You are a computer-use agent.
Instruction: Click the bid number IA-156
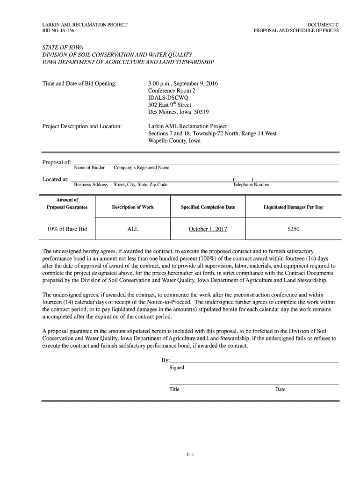click(66, 31)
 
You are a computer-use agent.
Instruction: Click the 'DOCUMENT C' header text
click(323, 24)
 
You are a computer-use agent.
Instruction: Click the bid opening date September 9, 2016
click(196, 84)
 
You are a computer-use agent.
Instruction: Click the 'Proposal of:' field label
click(57, 162)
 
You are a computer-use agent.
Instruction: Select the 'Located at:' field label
click(56, 179)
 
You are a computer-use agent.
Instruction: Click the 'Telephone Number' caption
click(251, 185)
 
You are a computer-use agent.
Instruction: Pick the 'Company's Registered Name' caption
click(141, 167)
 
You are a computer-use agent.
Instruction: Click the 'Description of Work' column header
click(133, 207)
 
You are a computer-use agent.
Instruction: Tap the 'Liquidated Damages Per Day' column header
click(293, 207)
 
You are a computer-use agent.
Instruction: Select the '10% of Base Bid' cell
click(67, 229)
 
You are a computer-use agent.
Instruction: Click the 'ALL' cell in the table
click(133, 229)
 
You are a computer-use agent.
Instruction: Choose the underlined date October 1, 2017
click(208, 229)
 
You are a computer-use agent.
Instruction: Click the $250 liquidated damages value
click(293, 229)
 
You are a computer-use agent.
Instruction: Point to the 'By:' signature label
click(165, 360)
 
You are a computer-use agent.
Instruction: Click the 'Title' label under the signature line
click(174, 389)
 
